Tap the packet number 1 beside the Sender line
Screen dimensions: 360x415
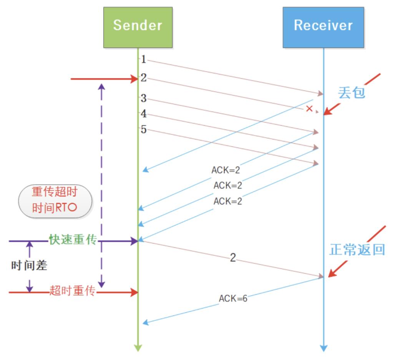point(143,59)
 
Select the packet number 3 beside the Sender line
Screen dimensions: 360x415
point(143,98)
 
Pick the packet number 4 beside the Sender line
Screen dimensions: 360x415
point(143,114)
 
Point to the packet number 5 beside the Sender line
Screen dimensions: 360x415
point(143,129)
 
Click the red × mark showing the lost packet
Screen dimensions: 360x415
point(309,109)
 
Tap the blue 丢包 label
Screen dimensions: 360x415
point(351,93)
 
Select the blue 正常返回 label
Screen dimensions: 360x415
point(357,250)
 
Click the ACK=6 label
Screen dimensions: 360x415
point(233,298)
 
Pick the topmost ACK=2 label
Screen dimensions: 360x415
point(226,170)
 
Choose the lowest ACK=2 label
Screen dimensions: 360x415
point(228,201)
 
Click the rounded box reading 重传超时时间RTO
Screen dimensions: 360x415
point(55,201)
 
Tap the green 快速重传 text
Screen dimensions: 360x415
point(73,239)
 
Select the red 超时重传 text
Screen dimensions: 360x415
point(72,291)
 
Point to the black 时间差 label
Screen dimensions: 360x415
point(29,265)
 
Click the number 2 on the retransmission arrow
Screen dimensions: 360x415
point(233,258)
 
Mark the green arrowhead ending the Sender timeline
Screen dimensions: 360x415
point(138,348)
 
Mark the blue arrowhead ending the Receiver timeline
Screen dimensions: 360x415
point(324,348)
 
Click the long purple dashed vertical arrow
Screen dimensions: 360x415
point(101,184)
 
